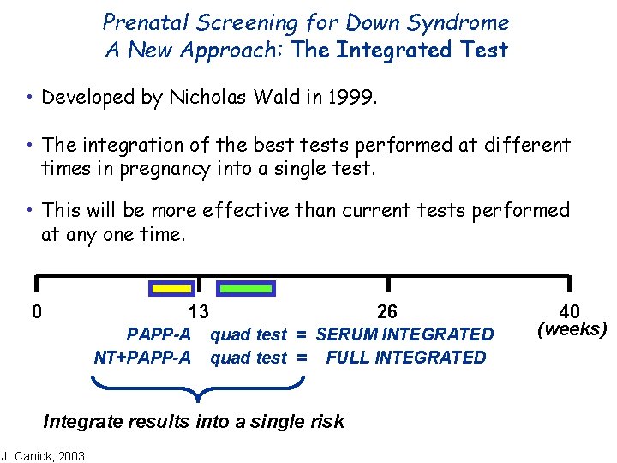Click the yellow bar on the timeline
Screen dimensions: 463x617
171,289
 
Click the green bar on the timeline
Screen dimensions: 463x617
245,289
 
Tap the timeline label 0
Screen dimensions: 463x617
36,311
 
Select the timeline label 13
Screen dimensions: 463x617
198,311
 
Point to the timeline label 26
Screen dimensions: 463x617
387,311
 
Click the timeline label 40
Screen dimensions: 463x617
570,311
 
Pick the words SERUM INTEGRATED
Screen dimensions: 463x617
404,334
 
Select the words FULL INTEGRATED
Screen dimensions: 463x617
405,358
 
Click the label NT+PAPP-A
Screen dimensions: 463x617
142,358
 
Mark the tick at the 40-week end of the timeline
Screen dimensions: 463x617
569,284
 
